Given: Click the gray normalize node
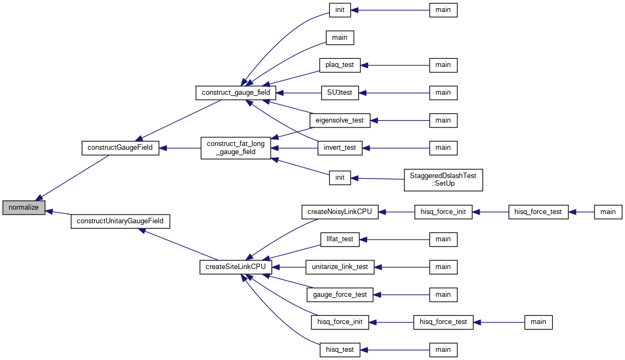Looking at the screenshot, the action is [23, 208].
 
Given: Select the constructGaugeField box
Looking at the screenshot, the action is [120, 148].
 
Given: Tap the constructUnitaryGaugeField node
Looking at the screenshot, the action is [120, 221].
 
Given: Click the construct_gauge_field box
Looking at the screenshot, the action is [236, 93].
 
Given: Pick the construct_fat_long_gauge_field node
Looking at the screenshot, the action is [236, 148].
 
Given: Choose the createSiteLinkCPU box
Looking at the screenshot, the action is [236, 267].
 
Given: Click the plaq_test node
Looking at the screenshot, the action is [340, 65].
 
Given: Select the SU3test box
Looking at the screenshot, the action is [340, 93].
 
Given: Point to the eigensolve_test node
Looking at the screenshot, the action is [340, 120].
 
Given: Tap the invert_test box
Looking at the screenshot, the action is [340, 148].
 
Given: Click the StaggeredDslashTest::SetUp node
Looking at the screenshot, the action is [443, 180].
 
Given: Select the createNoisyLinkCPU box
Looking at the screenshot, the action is [340, 212].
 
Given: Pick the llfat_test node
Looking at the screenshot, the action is [340, 240].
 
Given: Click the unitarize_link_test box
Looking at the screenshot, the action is [340, 267].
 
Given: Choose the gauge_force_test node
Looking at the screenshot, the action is [340, 295].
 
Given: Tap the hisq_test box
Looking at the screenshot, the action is [340, 350].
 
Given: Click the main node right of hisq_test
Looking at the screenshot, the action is [443, 350].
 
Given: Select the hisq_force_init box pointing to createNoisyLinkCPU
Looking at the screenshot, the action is [443, 212].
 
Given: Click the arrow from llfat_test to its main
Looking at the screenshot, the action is [395, 240].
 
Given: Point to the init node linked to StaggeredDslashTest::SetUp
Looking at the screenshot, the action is [340, 178].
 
